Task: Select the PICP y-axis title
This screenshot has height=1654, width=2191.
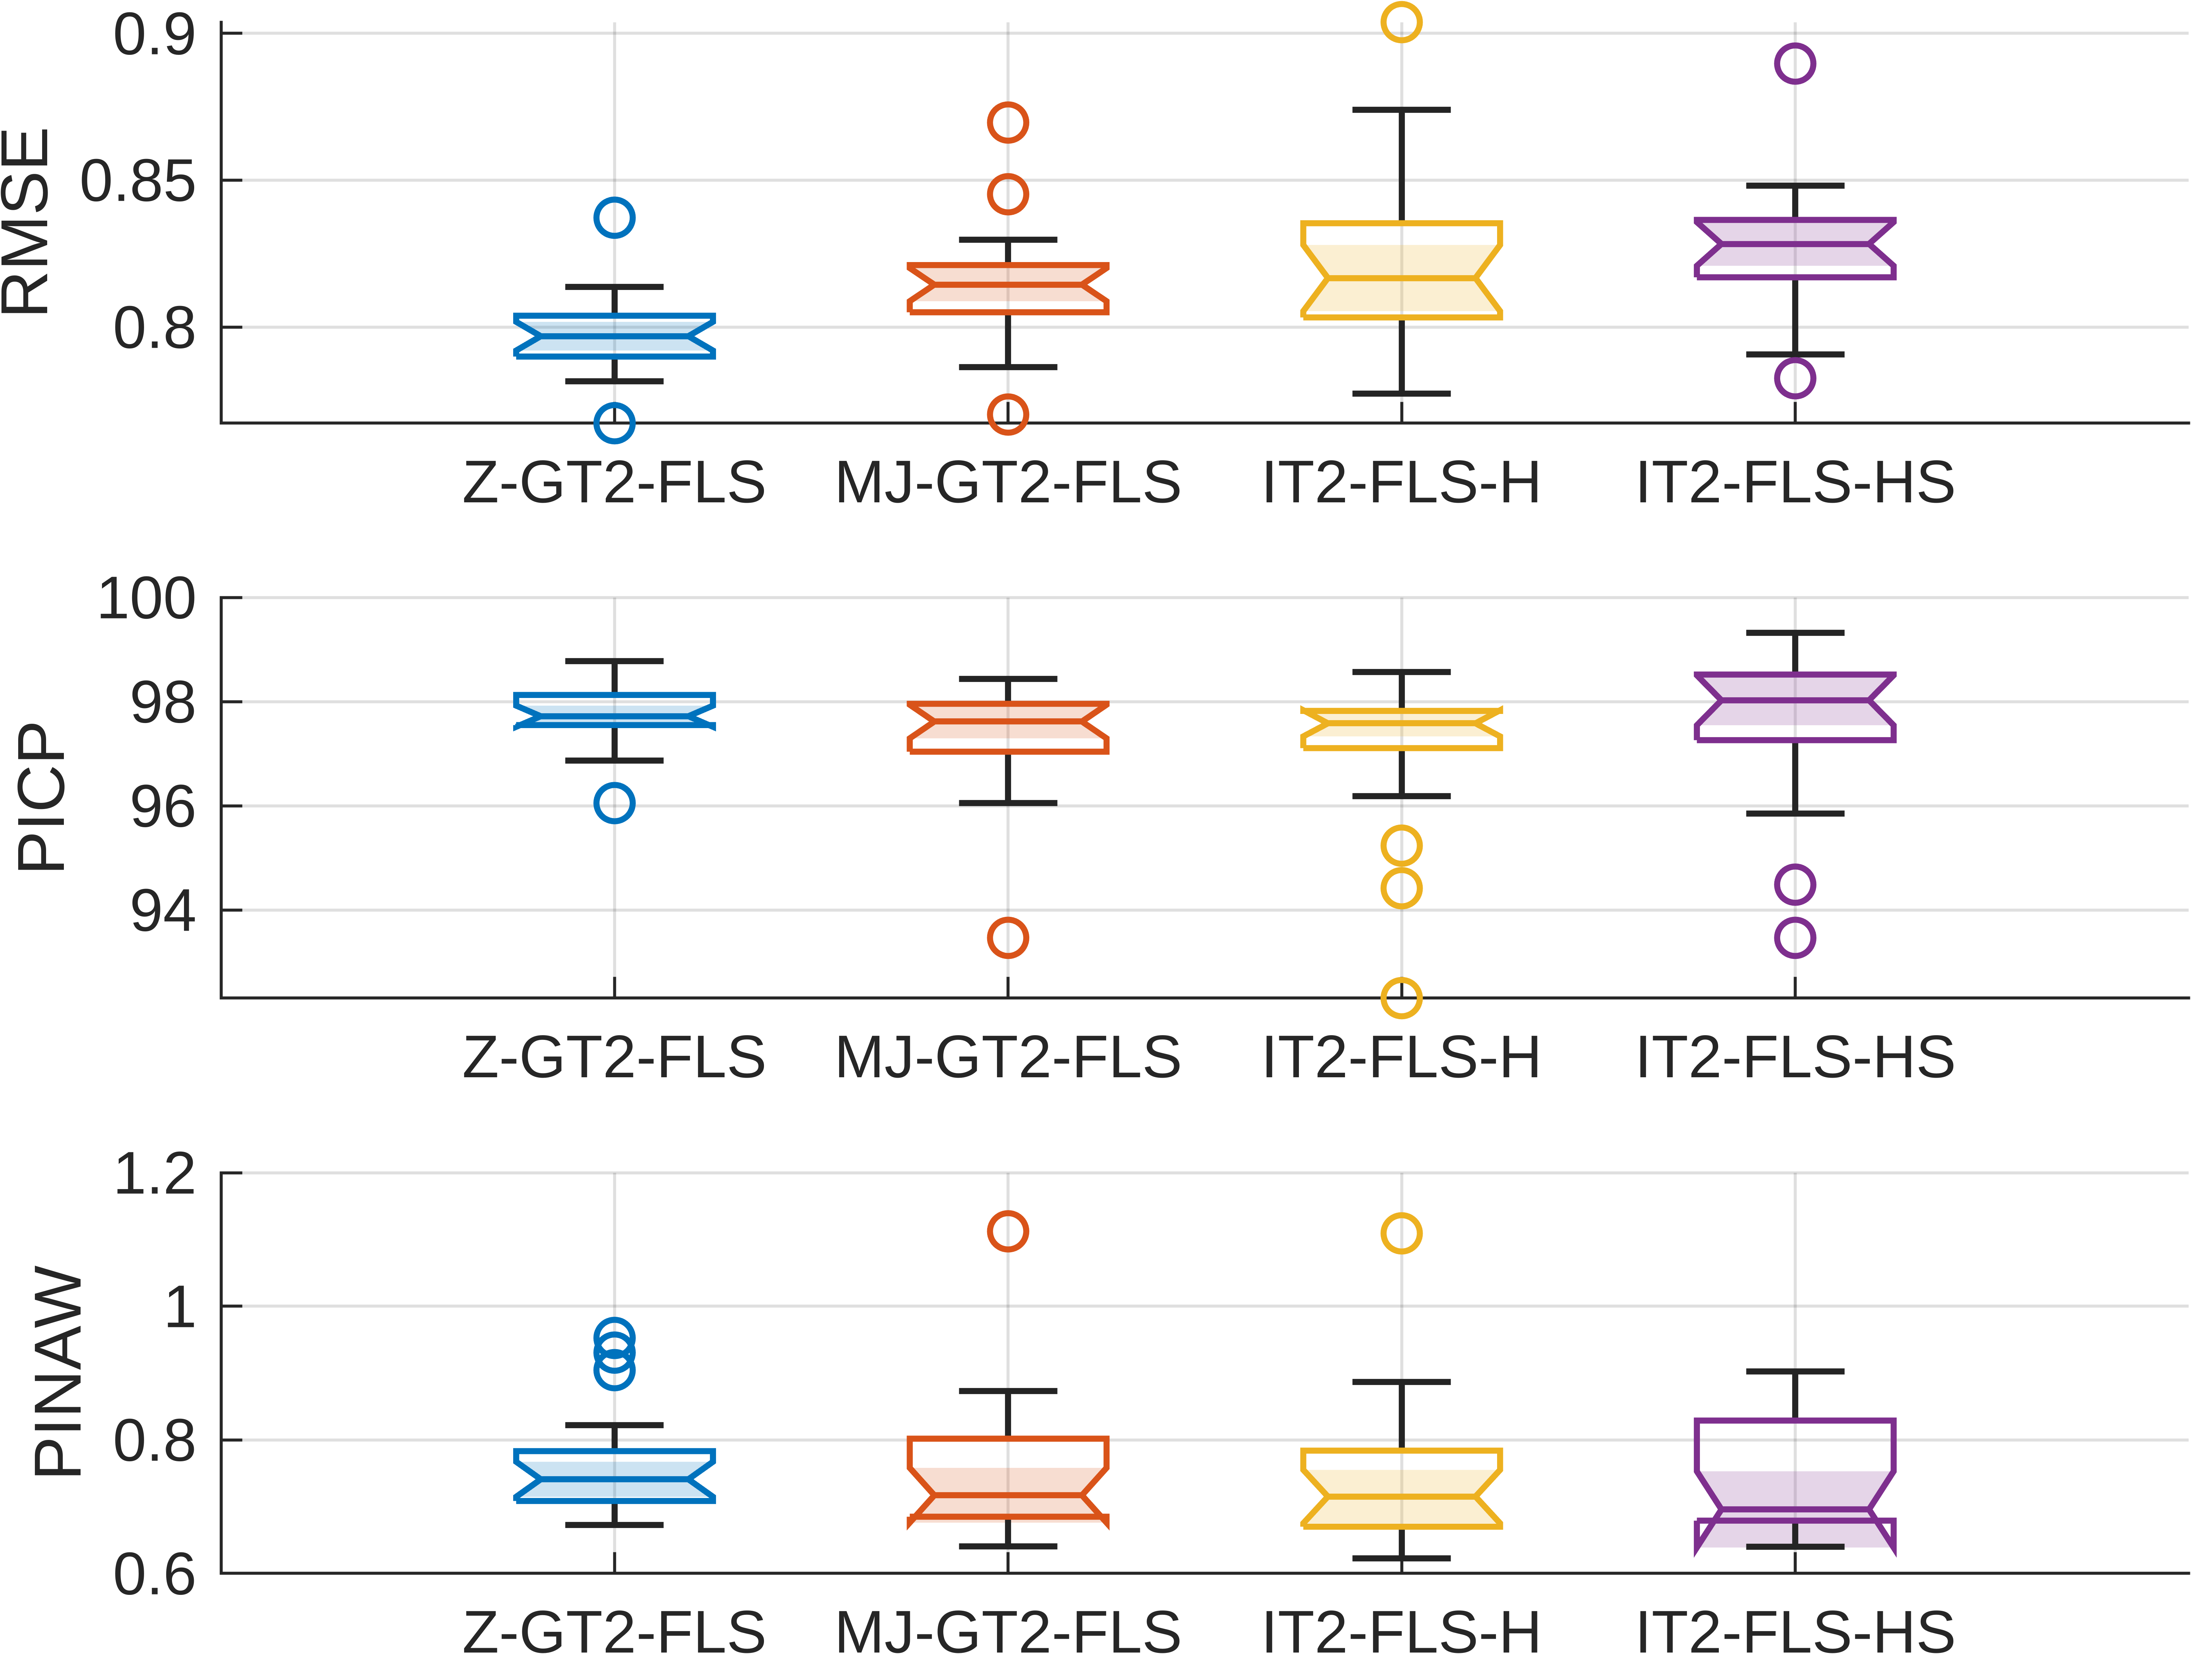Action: pos(42,797)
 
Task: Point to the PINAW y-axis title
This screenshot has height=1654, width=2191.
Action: pos(57,1372)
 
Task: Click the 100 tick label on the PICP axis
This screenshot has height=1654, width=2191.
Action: pos(147,599)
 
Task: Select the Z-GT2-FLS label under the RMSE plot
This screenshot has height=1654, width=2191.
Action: pos(614,483)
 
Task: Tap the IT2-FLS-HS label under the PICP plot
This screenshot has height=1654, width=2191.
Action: pos(1795,1058)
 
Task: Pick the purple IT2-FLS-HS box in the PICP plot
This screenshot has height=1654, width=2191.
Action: pos(1795,707)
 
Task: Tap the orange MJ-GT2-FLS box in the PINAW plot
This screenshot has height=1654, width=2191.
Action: pos(1007,1478)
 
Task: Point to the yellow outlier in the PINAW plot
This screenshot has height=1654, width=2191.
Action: pos(1402,1233)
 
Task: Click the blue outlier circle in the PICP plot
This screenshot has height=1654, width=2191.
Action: pos(614,803)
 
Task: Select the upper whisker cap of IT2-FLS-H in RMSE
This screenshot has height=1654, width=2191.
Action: pos(1402,110)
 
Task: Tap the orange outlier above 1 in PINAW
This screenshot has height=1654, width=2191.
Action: pos(1007,1231)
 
